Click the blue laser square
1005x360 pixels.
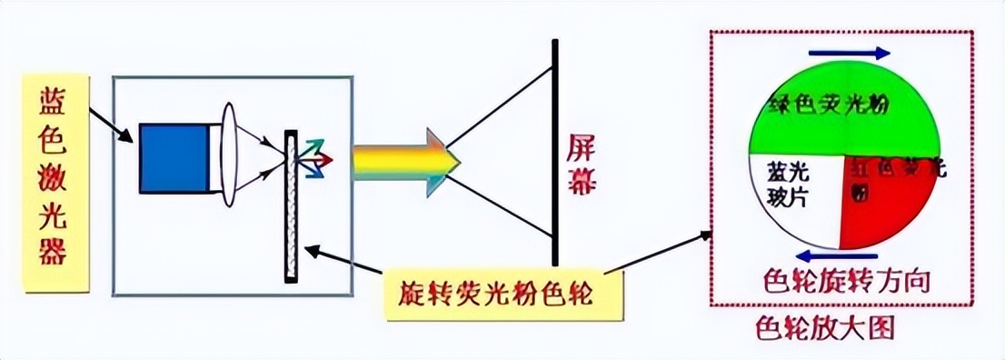coord(174,157)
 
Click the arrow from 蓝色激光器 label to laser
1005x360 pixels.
coord(116,128)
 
